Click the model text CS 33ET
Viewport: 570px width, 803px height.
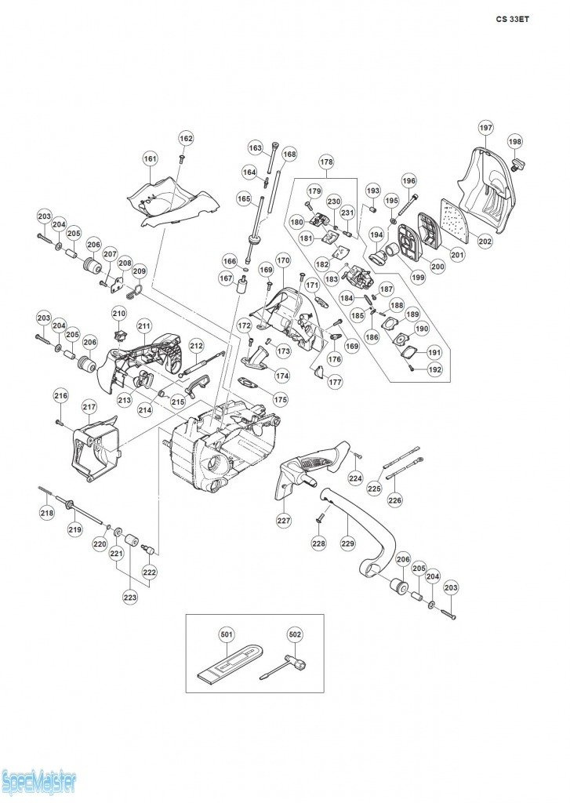click(x=513, y=20)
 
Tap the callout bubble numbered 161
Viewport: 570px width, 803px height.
click(x=151, y=159)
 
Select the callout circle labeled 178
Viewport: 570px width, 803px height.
click(x=326, y=162)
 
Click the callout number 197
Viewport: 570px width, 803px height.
click(x=485, y=128)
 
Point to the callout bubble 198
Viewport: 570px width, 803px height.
click(x=514, y=142)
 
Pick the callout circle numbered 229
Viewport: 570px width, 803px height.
click(x=346, y=541)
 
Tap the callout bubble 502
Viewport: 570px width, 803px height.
click(x=295, y=634)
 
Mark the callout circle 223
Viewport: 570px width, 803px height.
click(x=129, y=598)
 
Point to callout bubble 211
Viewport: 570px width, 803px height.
click(x=143, y=325)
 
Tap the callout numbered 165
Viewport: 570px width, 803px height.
click(x=244, y=199)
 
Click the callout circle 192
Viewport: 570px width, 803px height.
click(x=434, y=369)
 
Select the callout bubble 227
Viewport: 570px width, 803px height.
click(x=283, y=519)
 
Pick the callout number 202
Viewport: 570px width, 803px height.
click(x=485, y=242)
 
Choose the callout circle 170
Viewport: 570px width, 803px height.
click(x=283, y=260)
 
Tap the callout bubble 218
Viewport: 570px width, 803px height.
click(x=47, y=514)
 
